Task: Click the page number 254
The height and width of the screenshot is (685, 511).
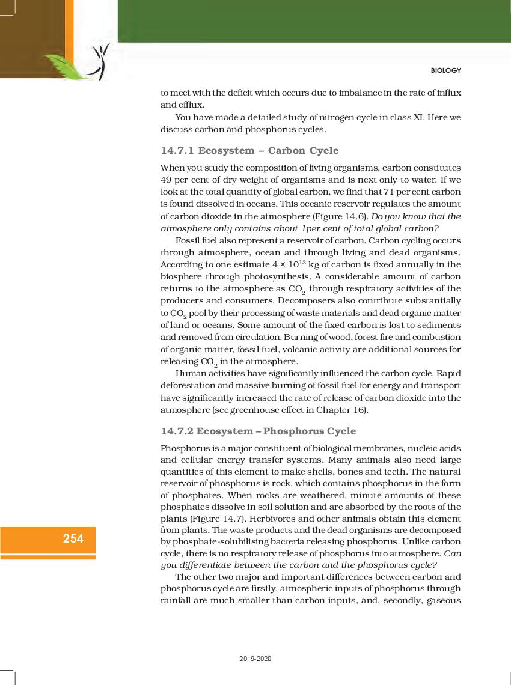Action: [x=73, y=538]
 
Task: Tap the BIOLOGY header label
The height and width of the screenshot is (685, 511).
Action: [x=445, y=70]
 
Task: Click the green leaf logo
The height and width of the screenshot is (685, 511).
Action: [x=67, y=65]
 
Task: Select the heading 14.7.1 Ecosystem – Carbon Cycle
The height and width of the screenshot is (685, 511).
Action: [x=249, y=150]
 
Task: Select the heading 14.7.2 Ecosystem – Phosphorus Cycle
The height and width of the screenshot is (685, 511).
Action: [x=258, y=431]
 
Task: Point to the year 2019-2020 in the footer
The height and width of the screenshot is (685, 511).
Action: [x=255, y=659]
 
